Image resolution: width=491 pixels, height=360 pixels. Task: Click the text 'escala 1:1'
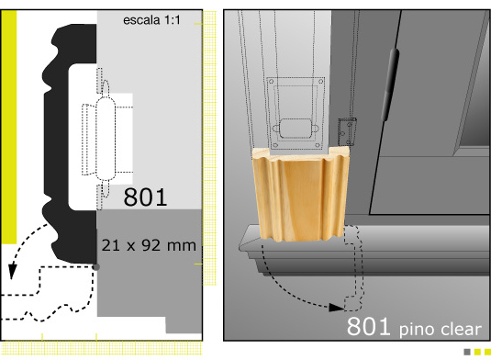pos(151,20)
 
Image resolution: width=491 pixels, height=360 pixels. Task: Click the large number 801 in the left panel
pos(145,197)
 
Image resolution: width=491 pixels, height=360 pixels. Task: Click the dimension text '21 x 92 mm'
pos(149,245)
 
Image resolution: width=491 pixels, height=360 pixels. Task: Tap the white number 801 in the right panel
pos(368,326)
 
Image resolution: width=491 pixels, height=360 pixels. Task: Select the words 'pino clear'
pos(440,329)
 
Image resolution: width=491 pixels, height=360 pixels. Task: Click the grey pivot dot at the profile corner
pos(96,267)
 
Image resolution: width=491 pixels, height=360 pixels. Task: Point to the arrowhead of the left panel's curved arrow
pos(12,271)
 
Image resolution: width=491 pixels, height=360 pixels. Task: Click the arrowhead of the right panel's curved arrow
pos(337,308)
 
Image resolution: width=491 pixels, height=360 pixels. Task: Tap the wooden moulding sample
pos(301,195)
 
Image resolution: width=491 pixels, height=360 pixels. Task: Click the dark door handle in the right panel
pos(390,84)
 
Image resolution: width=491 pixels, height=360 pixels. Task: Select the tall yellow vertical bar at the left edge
pos(9,127)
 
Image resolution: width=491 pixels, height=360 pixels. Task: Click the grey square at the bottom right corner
pos(467,352)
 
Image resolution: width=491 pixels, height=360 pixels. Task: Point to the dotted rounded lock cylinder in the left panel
pos(106,139)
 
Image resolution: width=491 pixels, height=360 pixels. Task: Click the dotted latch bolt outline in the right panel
pos(296,129)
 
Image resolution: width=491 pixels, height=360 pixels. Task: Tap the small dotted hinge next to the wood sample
pos(347,131)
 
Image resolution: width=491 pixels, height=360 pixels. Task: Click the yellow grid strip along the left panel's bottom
pos(101,348)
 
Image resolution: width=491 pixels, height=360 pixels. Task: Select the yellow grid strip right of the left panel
pos(210,148)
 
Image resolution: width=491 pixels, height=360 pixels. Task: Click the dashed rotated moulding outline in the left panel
pos(47,293)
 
